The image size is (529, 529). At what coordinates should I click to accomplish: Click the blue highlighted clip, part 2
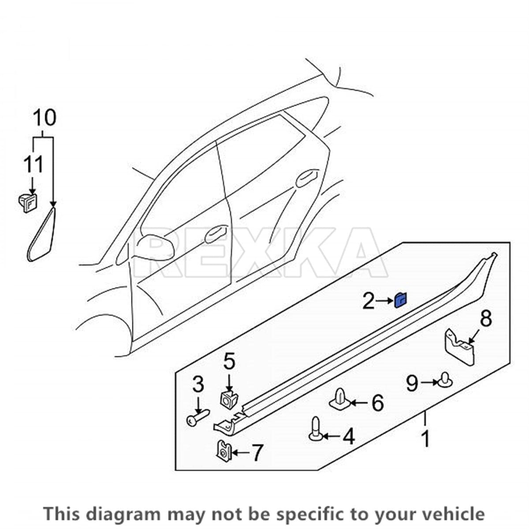point(401,301)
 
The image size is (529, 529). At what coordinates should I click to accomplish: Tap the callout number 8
point(486,319)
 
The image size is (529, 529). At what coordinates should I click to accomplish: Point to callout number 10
point(45,118)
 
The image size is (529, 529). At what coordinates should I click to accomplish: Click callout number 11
point(34,164)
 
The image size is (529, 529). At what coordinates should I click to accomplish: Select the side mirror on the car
point(155,248)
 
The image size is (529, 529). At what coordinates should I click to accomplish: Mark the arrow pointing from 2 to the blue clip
point(384,301)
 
